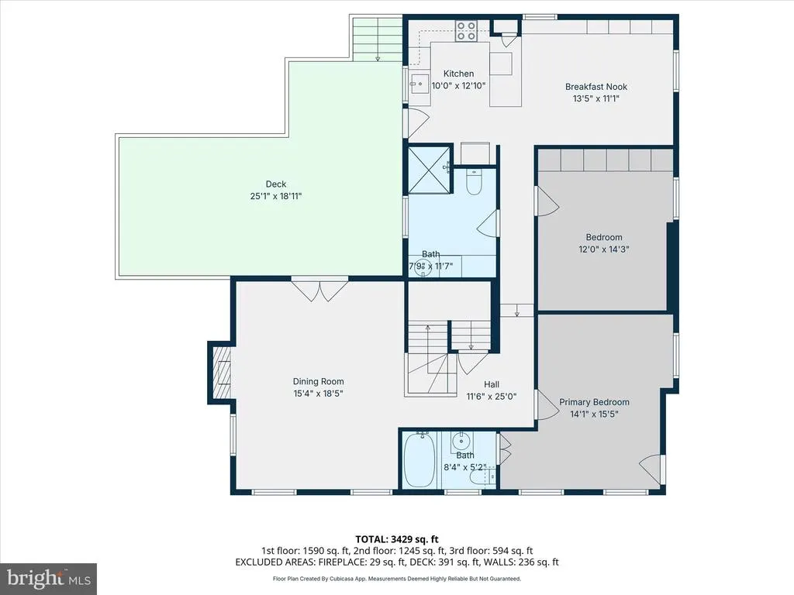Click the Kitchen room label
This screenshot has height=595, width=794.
point(459,74)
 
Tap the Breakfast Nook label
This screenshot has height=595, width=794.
point(596,87)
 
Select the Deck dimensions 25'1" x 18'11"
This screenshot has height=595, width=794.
point(276,196)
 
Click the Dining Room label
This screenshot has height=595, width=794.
point(318,381)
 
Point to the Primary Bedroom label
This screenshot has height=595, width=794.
point(594,402)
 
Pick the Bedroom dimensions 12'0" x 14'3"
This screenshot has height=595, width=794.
point(603,249)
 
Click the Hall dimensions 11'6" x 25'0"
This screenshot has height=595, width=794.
point(491,397)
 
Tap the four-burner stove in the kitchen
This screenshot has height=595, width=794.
point(466,30)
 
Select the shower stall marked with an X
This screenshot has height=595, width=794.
point(429,170)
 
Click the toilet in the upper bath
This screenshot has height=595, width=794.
point(474,182)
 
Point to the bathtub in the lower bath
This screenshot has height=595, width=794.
point(419,459)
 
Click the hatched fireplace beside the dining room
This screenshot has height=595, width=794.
point(221,373)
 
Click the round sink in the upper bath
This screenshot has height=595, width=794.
point(423,267)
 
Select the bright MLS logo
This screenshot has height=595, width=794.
point(49,578)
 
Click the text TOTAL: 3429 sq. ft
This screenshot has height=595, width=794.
point(396,539)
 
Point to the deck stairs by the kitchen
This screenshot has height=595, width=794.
point(378,40)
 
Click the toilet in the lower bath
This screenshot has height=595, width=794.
point(478,477)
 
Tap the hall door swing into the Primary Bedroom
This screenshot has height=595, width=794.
point(547,404)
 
